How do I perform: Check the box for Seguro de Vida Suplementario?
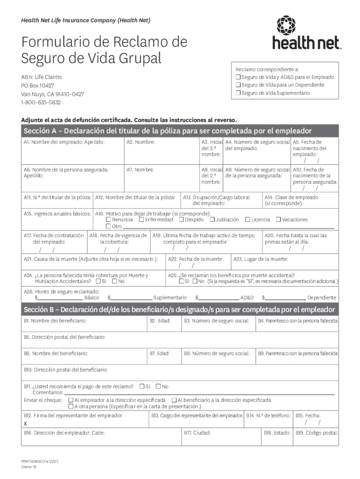coord(238,93)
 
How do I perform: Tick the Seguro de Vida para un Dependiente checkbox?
coord(238,85)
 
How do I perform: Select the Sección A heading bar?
coord(180,131)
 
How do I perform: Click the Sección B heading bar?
coord(180,310)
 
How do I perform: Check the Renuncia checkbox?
coord(108,219)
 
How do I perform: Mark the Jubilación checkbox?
coord(212,219)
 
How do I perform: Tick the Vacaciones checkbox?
coord(278,219)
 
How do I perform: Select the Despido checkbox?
coord(181,219)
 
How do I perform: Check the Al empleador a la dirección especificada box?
coord(71,400)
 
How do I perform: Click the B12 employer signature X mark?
coord(25,423)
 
